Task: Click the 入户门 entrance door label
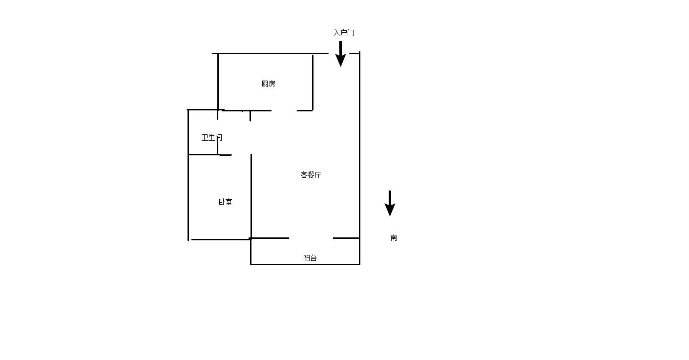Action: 344,33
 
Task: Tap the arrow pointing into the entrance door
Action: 340,54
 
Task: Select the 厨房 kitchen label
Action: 268,84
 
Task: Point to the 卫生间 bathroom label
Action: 211,138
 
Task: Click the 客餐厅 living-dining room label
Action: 311,175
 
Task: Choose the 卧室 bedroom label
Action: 226,202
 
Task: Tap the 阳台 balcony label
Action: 310,258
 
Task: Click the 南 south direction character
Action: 394,237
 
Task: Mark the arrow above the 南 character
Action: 390,203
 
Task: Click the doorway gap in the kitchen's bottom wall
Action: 284,110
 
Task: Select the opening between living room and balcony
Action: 311,238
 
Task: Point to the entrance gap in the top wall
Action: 339,53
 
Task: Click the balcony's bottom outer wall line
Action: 305,264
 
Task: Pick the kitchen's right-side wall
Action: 313,83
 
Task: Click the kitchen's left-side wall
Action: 218,82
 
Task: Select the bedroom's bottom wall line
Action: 221,239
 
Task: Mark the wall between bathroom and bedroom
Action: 210,155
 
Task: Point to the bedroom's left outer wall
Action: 188,175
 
